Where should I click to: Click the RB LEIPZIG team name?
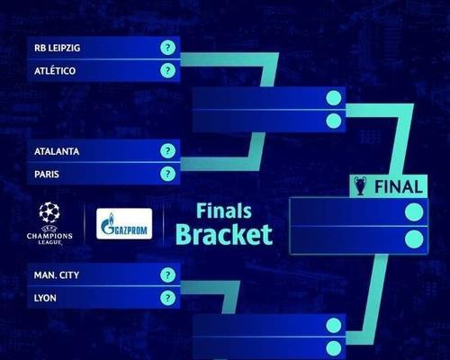[x=57, y=48]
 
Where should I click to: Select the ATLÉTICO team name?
[x=55, y=71]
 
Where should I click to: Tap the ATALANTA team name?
[x=57, y=151]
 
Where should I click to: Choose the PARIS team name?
[x=47, y=175]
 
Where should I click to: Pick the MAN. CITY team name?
[x=57, y=275]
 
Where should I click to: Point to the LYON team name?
[x=45, y=298]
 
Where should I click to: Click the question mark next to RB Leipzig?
[x=167, y=48]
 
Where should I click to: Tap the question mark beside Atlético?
[x=167, y=70]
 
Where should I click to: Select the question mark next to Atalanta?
[x=167, y=151]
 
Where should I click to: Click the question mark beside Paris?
[x=167, y=174]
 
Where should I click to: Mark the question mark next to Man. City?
[x=167, y=274]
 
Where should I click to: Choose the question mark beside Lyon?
[x=167, y=298]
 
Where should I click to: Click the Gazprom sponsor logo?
[x=124, y=224]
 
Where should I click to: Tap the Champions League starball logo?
[x=49, y=212]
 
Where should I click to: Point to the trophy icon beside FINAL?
[x=360, y=186]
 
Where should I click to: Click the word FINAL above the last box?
[x=399, y=187]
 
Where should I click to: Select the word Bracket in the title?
[x=224, y=234]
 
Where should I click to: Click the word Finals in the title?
[x=224, y=211]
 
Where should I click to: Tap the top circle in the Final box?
[x=414, y=212]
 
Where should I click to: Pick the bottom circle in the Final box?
[x=414, y=239]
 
